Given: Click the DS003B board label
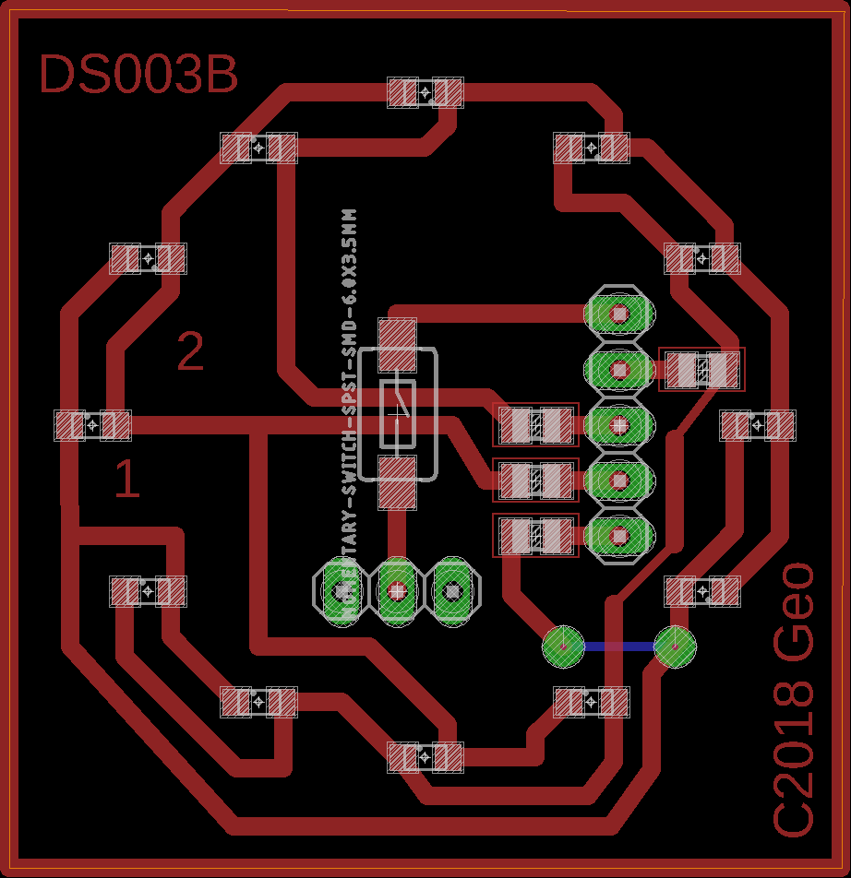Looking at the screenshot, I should (x=138, y=76).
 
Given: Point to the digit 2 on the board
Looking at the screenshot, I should (x=190, y=352).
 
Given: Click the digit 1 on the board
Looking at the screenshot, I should (x=126, y=481).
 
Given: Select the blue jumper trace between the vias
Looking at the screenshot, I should (x=618, y=647).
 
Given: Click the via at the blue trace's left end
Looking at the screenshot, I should (x=562, y=646).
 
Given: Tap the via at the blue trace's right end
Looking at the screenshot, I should (x=675, y=646).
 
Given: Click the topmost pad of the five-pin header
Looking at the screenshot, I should (x=619, y=314).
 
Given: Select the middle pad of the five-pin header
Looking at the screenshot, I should (x=619, y=425).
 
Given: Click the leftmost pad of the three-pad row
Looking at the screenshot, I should (x=342, y=590).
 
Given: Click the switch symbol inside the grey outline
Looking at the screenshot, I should (x=398, y=413).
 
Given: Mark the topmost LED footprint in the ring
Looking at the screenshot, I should (x=425, y=93).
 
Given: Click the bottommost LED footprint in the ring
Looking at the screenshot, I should (x=425, y=757).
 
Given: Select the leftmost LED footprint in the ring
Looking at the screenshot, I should (x=92, y=425).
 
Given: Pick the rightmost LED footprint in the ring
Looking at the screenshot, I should (x=758, y=425).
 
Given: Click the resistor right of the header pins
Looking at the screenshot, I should (x=702, y=370).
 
